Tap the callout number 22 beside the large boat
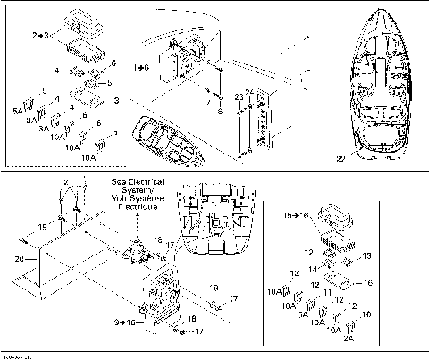coord(341,159)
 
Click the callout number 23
coord(239,96)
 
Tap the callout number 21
coord(67,182)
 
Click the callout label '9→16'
coord(124,321)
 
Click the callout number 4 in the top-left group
coord(58,69)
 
